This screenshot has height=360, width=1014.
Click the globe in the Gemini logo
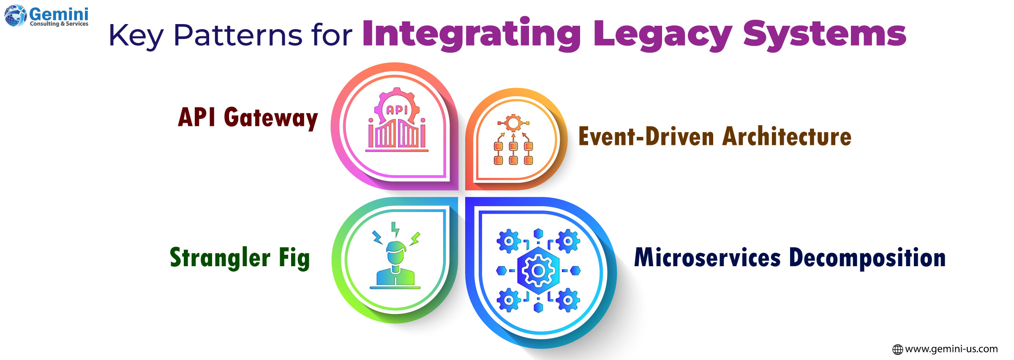point(16,16)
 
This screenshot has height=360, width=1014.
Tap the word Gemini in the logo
point(59,14)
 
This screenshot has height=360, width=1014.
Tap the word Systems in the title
point(825,34)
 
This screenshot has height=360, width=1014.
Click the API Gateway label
point(248,118)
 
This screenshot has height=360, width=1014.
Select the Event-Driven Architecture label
point(715,136)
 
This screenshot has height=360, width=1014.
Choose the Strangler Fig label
point(240,258)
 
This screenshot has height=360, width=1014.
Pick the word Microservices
point(707,258)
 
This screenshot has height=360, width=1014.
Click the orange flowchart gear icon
point(513,139)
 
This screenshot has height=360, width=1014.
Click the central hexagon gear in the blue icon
point(538,270)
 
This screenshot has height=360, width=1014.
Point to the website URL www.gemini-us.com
point(951,349)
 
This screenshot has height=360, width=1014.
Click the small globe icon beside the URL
point(897,349)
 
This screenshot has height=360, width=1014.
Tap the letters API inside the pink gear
point(397,110)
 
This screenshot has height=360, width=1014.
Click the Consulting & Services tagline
point(59,24)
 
